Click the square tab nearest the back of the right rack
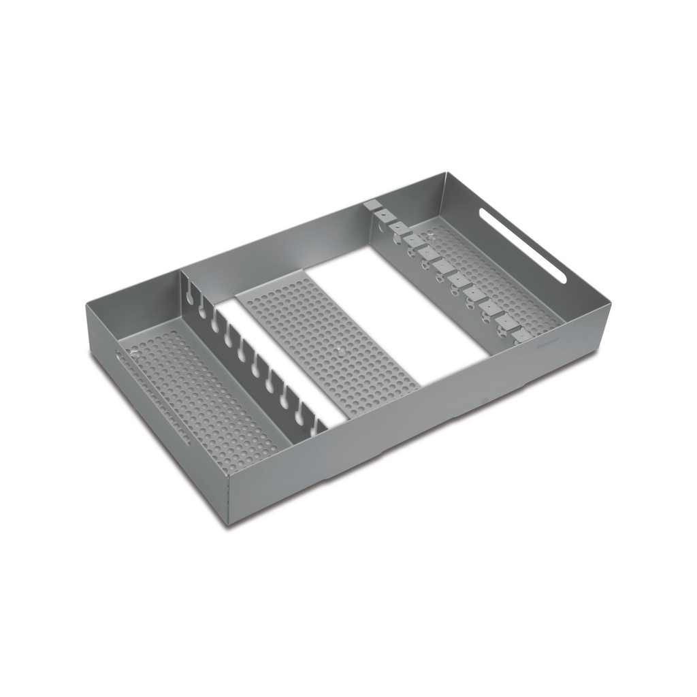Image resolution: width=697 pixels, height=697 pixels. [371, 204]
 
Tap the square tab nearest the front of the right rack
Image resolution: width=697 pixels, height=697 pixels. [521, 336]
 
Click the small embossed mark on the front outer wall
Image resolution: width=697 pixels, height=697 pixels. [484, 401]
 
